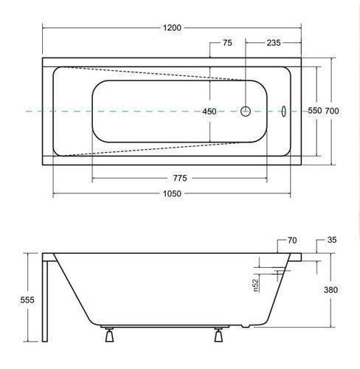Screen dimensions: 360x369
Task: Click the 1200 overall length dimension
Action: [x=172, y=28]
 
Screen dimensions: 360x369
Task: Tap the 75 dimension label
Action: [x=227, y=43]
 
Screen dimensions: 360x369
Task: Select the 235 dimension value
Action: [x=274, y=43]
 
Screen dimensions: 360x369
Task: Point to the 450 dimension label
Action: [x=210, y=111]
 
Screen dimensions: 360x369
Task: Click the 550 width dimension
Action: [x=315, y=111]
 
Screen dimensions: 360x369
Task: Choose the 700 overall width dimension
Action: [x=332, y=111]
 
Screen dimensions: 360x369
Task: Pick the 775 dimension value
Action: [x=180, y=178]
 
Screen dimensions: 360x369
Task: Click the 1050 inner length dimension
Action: [x=172, y=193]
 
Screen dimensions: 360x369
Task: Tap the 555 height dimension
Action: [x=27, y=300]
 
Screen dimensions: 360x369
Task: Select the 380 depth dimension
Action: [x=330, y=290]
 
